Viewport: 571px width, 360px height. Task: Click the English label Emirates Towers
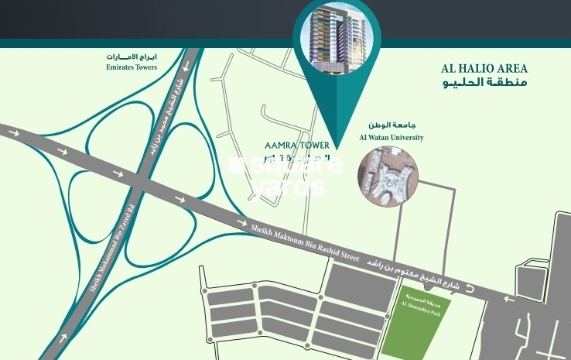coord(131,67)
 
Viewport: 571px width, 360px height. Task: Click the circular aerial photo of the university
coord(390,179)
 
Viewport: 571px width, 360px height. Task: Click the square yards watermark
coord(286,175)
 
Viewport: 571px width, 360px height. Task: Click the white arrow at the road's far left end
coord(15,133)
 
